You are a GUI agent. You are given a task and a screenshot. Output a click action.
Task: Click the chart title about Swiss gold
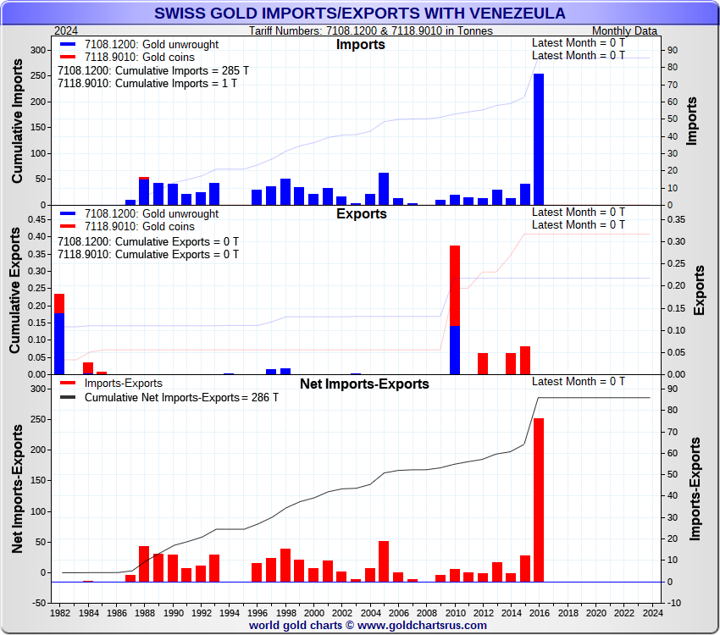(360, 14)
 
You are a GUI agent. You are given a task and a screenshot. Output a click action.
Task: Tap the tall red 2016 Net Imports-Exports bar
(539, 500)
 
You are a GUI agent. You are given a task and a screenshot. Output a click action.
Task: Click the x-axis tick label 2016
(540, 612)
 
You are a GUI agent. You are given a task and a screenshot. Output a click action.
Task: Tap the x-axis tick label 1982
(60, 612)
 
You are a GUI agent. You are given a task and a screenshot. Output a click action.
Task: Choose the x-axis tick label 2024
(651, 612)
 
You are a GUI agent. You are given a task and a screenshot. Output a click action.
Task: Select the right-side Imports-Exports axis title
(696, 489)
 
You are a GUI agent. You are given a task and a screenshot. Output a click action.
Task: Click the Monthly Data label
(625, 30)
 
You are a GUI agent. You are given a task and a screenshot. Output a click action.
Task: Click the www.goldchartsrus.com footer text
(423, 626)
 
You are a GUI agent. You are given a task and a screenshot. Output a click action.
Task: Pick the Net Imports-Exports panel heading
(364, 384)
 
